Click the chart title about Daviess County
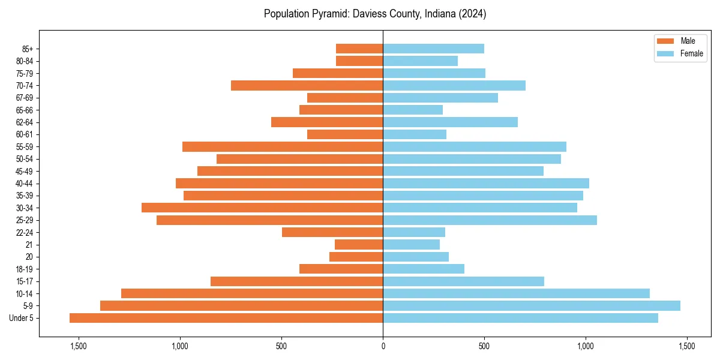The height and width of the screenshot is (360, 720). tap(375, 14)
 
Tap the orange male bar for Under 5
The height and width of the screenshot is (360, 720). tap(226, 318)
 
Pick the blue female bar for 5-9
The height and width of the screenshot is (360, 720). tap(532, 305)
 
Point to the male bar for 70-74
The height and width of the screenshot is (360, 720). tap(307, 85)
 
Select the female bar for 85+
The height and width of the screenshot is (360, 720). tap(433, 49)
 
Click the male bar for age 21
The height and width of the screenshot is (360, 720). tap(359, 244)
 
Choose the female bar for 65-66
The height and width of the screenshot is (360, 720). tap(413, 110)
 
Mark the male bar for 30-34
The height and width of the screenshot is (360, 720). tap(262, 208)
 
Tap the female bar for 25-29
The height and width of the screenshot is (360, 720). tap(490, 220)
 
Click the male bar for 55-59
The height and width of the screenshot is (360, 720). tap(283, 146)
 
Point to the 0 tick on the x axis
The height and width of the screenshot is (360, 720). tap(383, 346)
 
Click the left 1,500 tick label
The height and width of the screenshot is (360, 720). tap(79, 346)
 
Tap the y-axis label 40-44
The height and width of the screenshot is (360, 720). tap(25, 184)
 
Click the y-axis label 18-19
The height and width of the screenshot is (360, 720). tap(25, 269)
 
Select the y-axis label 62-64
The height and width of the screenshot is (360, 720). tap(25, 122)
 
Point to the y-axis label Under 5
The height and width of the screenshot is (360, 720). tap(21, 318)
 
